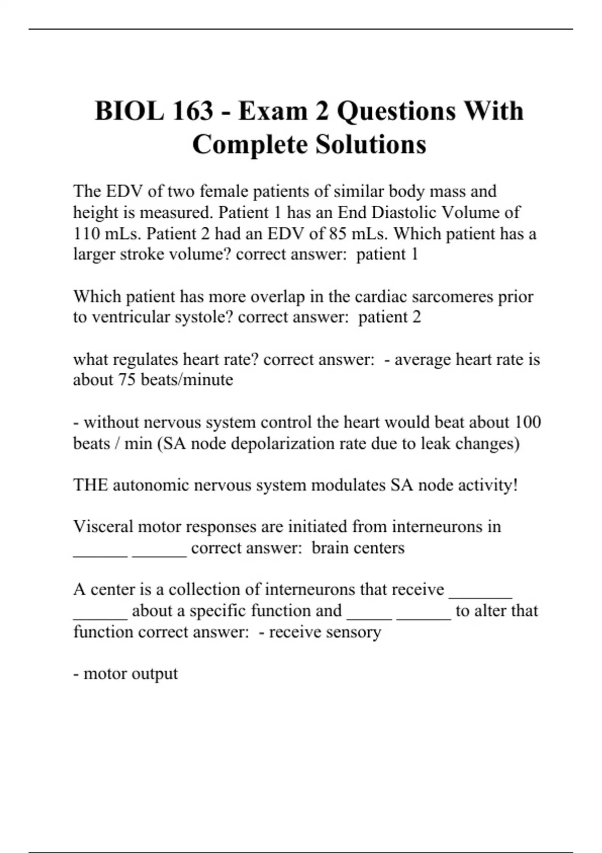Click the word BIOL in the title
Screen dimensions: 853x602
[x=129, y=111]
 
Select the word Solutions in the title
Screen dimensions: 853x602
[x=371, y=145]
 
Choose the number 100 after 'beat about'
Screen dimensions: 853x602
[x=528, y=422]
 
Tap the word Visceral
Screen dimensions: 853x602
[x=103, y=526]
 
